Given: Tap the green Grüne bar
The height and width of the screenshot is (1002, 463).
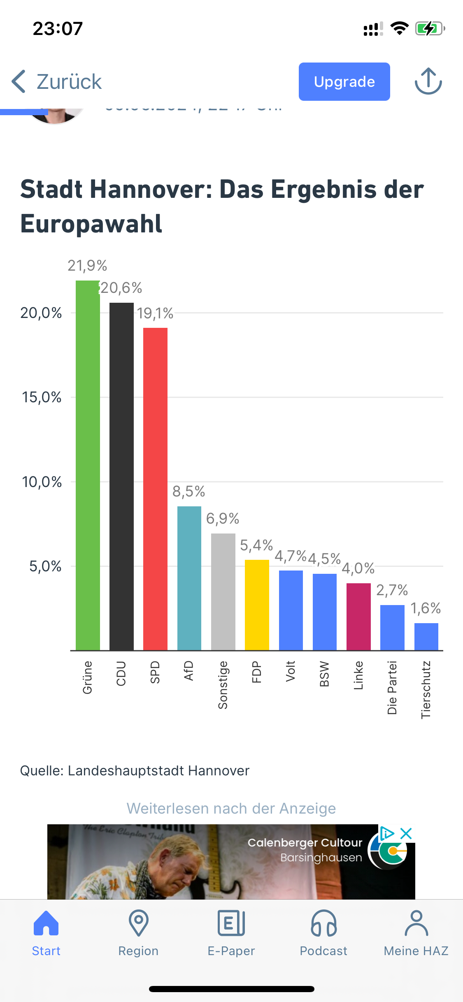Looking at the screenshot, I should (88, 465).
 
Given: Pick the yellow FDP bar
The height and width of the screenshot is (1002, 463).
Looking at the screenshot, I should (257, 605).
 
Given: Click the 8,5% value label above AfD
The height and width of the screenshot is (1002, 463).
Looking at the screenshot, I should (188, 491).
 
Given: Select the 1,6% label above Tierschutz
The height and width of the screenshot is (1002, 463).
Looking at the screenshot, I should (426, 608).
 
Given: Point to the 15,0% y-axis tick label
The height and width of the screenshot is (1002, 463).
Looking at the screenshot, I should (42, 397).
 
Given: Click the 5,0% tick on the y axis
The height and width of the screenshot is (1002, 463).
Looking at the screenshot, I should (45, 566).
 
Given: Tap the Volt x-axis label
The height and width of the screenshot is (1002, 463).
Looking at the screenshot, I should (291, 671).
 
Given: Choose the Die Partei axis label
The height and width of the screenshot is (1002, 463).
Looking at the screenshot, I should (392, 687).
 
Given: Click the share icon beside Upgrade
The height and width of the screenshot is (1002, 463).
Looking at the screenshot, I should (428, 81).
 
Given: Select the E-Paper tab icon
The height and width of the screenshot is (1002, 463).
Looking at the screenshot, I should (231, 923).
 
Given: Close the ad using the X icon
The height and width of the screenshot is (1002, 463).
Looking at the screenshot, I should (406, 834).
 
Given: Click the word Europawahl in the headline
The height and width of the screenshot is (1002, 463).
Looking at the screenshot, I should (91, 224).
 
